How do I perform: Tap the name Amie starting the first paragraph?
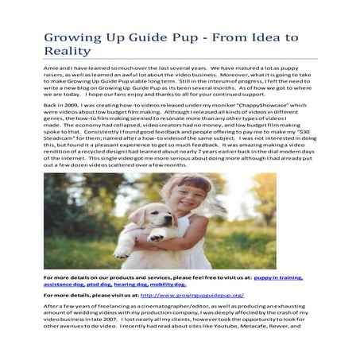tap(51, 70)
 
